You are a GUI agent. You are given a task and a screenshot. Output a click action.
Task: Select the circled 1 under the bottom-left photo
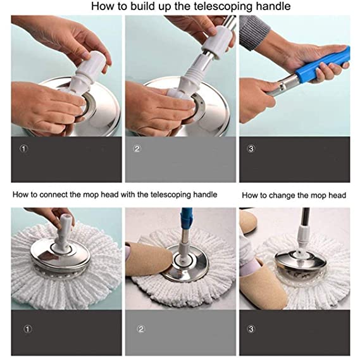coord(25,330)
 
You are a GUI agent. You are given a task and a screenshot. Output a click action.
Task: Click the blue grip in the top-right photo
coord(322,63)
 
